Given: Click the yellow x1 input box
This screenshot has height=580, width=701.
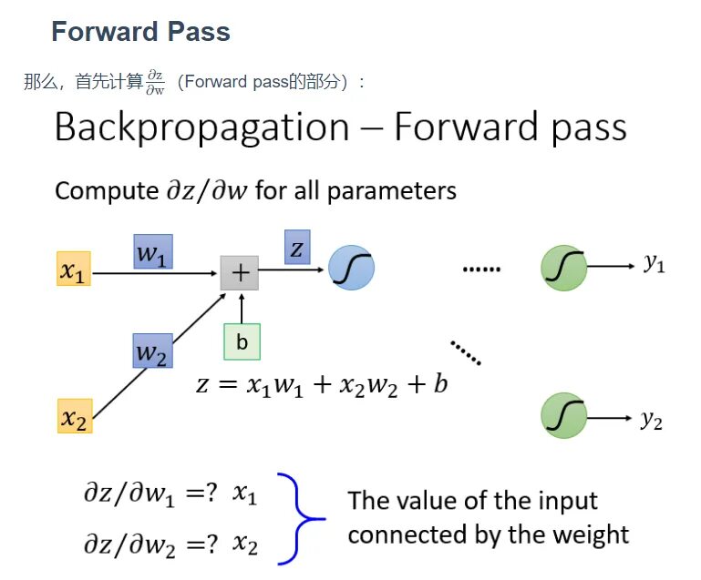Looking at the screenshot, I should click(73, 270).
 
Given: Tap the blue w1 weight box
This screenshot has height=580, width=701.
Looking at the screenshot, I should click(152, 250).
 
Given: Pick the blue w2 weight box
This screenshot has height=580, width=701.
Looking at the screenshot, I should click(152, 350).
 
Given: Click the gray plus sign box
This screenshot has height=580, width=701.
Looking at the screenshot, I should click(240, 271).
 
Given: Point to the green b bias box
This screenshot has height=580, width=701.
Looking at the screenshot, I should click(242, 341).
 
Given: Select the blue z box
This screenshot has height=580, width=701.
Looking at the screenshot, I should click(297, 247).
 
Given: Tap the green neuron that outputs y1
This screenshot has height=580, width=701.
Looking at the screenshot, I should click(563, 268).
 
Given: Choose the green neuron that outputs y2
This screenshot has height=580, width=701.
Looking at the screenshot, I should click(563, 416).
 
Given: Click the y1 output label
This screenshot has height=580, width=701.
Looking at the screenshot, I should click(653, 265).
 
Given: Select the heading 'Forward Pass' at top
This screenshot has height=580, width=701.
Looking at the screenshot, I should click(140, 32).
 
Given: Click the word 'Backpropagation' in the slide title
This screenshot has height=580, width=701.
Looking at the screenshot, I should click(201, 127).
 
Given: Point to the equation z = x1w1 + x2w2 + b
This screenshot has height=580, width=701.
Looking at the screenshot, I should click(322, 383).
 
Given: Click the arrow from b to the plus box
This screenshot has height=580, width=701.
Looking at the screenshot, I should click(241, 308).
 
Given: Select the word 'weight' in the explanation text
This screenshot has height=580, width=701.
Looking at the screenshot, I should click(593, 533).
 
